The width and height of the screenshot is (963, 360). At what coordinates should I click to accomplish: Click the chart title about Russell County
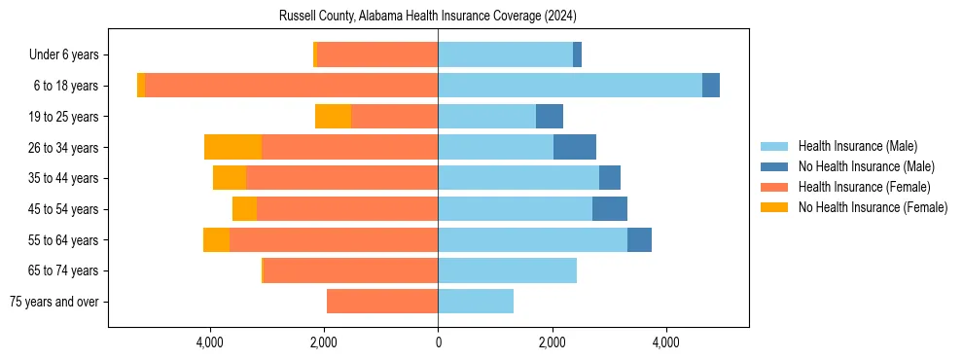[x=428, y=17]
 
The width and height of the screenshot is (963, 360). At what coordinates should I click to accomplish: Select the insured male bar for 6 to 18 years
[x=570, y=86]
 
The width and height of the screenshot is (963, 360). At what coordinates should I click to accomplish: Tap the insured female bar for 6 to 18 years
[x=291, y=86]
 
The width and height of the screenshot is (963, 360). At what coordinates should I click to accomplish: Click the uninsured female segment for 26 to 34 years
[x=232, y=147]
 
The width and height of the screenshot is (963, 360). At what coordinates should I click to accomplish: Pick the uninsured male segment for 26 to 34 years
[x=574, y=147]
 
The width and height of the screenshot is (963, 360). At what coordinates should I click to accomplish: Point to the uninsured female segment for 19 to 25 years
[x=333, y=117]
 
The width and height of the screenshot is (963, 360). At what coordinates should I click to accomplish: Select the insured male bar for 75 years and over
[x=476, y=302]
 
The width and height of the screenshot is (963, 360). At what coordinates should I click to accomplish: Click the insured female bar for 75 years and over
[x=382, y=302]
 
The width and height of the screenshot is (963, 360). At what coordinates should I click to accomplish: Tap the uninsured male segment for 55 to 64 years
[x=639, y=239]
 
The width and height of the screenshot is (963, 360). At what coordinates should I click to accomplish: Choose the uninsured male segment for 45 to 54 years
[x=610, y=209]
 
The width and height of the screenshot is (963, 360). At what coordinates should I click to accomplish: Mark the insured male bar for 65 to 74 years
[x=507, y=270]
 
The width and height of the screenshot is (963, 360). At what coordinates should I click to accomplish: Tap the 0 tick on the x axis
[x=438, y=342]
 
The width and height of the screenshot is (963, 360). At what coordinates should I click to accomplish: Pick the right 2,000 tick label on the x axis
[x=552, y=342]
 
